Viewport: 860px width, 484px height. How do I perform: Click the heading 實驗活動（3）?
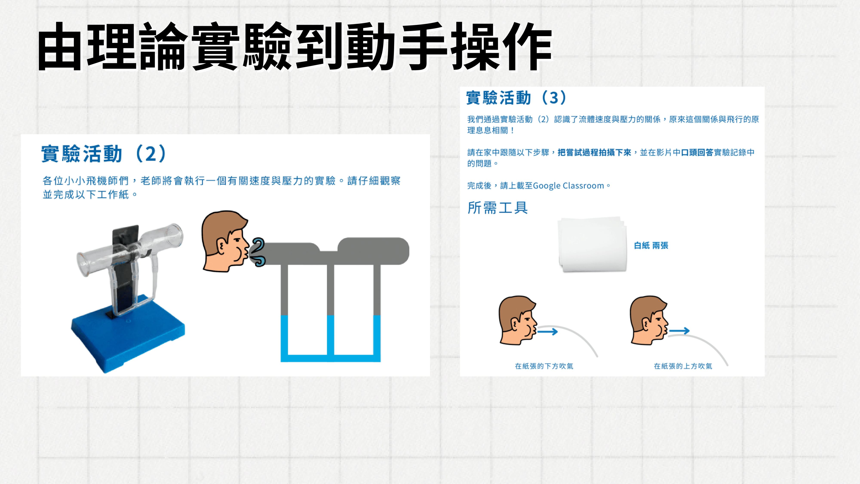(516, 97)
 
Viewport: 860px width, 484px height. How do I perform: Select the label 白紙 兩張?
(651, 245)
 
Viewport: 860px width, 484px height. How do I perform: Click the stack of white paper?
(592, 245)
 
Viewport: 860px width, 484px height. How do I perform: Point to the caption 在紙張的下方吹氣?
(544, 366)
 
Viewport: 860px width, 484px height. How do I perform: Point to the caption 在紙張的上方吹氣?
(683, 366)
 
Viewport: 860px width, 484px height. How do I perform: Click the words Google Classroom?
(568, 186)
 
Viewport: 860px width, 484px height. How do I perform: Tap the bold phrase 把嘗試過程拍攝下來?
(594, 153)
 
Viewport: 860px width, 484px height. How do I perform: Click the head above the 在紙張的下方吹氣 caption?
(518, 320)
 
